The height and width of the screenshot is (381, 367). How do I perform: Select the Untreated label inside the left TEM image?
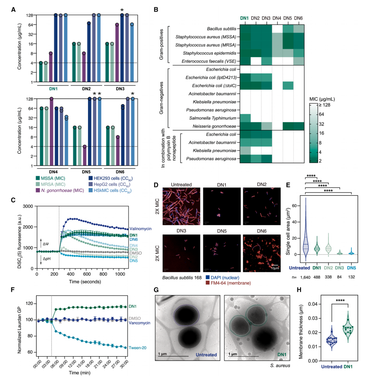(x=206, y=355)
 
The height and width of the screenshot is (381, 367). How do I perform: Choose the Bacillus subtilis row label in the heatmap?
(x=222, y=29)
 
